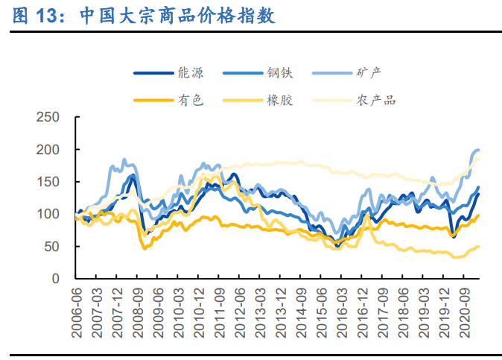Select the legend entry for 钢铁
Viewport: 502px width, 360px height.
click(281, 73)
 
